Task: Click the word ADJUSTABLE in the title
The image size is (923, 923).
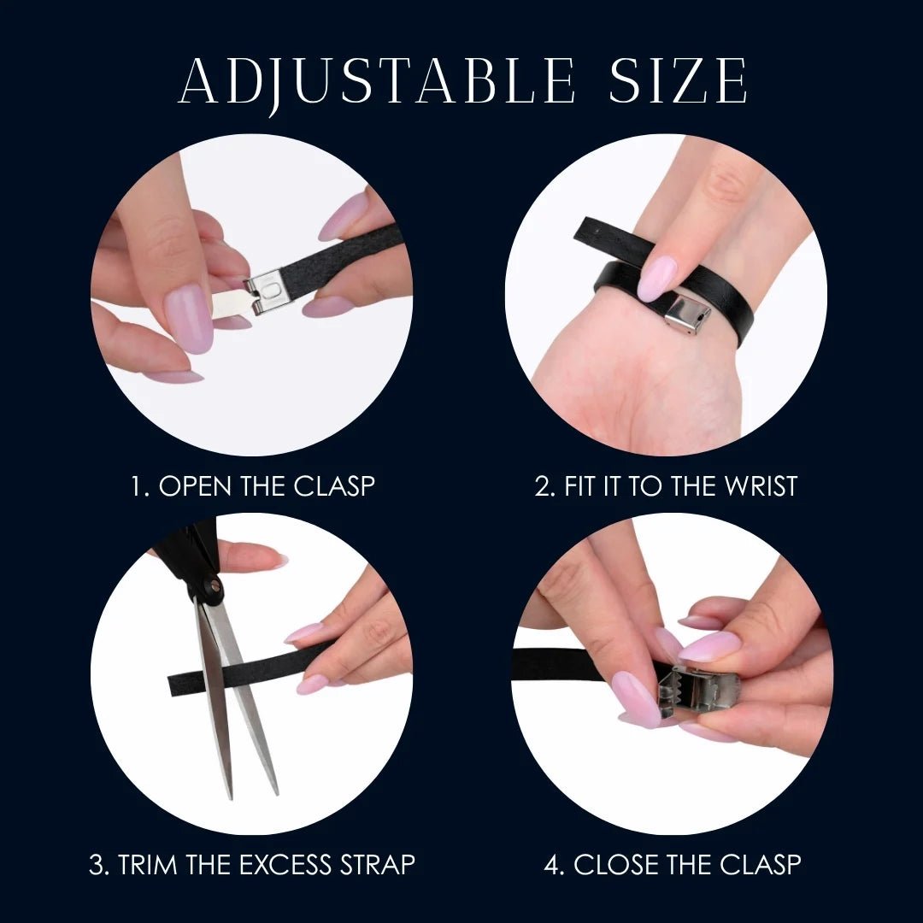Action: [376, 83]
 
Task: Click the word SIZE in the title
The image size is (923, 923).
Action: [679, 83]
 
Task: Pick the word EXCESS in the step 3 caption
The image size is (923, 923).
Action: [281, 864]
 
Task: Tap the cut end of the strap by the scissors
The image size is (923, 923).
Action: [175, 682]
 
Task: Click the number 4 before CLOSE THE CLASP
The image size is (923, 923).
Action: [552, 864]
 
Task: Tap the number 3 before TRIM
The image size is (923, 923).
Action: [97, 864]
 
